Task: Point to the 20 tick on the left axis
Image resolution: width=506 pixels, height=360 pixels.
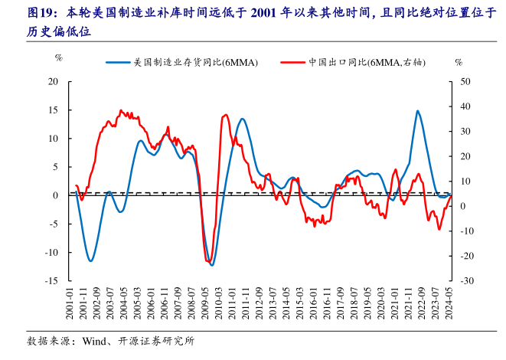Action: tap(54, 81)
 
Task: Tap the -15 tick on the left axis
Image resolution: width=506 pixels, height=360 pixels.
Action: tap(52, 281)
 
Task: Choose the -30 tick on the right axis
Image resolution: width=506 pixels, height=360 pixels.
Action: tap(466, 281)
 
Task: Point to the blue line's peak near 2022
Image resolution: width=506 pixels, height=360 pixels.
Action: tap(417, 111)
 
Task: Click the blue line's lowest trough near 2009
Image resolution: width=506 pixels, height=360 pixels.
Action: tap(212, 265)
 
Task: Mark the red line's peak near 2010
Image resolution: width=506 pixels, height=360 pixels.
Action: tap(225, 115)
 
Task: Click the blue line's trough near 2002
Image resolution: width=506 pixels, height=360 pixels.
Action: tap(91, 261)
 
